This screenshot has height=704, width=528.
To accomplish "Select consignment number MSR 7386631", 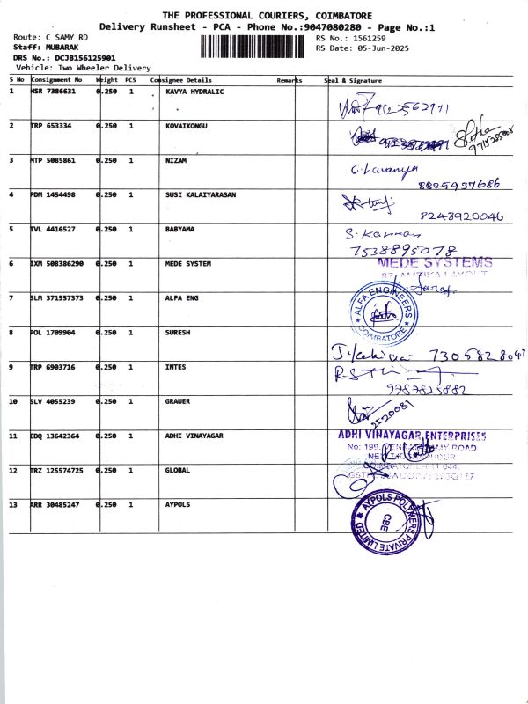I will point(54,91).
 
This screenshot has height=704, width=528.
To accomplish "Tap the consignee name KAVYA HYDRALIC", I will point(194,91).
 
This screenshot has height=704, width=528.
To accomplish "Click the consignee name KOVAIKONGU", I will point(186,126).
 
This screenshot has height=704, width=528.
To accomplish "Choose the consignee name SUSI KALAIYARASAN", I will point(201,194).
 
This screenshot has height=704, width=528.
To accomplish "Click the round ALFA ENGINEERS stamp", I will point(383,310).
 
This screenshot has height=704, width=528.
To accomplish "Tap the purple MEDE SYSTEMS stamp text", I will point(435,262).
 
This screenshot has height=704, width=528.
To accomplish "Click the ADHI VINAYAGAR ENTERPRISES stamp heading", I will point(412,435).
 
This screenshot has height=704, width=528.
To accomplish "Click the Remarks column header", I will point(290,80).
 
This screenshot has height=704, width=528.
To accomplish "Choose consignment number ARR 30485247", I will point(56,504).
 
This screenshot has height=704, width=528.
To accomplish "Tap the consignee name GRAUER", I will point(178,401).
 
